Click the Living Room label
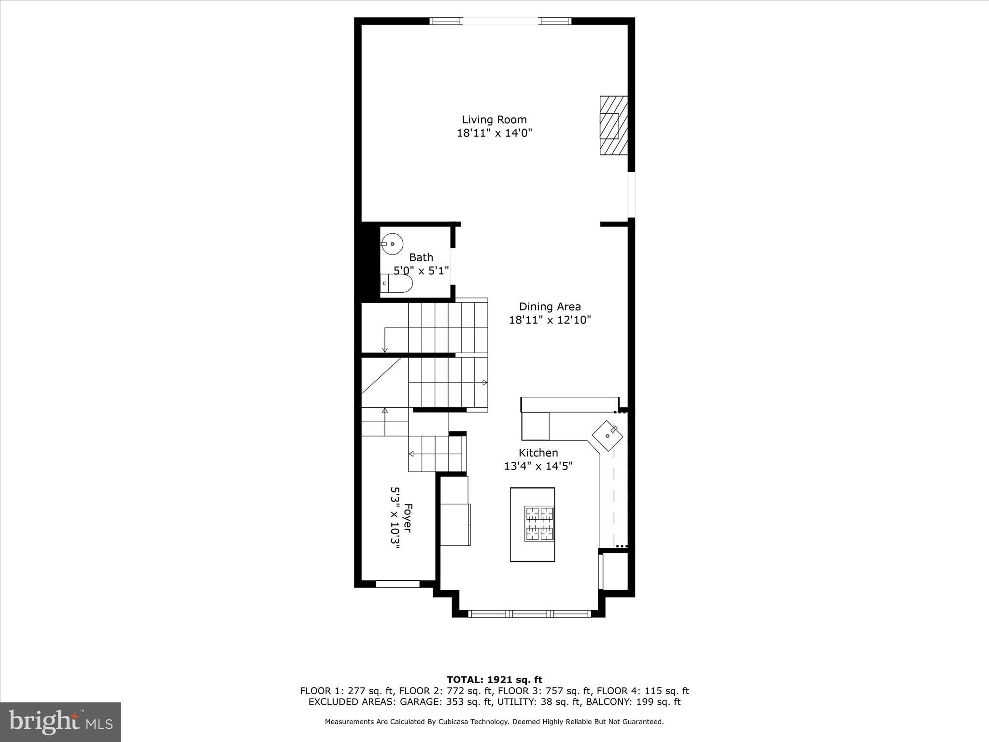click(x=494, y=119)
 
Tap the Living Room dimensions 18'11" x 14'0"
click(x=494, y=133)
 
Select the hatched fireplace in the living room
click(x=614, y=126)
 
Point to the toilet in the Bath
click(x=396, y=284)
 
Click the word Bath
click(x=421, y=257)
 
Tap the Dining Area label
click(x=550, y=306)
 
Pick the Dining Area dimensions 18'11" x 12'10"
click(x=550, y=320)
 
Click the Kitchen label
click(x=538, y=453)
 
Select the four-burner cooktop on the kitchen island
click(x=539, y=523)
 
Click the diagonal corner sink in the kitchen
click(x=608, y=436)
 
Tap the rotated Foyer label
click(x=408, y=518)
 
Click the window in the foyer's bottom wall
click(x=397, y=584)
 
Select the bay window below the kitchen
click(x=530, y=614)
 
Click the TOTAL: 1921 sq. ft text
click(x=494, y=680)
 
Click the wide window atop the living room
click(x=500, y=21)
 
